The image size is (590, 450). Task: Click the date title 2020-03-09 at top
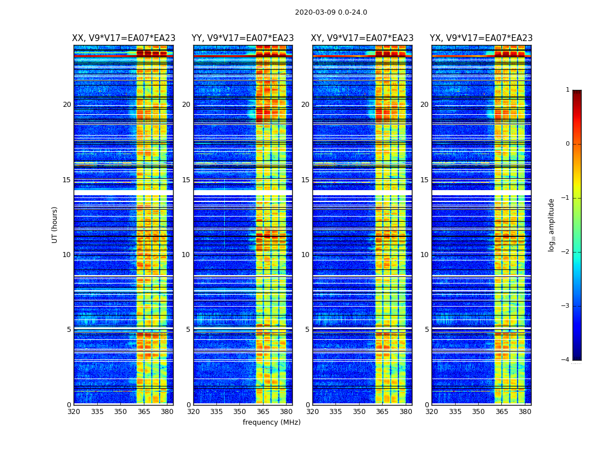tap(330, 12)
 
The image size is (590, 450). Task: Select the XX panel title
tap(124, 38)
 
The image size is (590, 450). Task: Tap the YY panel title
tap(243, 38)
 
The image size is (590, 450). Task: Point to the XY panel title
tap(362, 38)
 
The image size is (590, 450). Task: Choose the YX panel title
tap(481, 38)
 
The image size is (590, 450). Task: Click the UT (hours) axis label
tap(55, 224)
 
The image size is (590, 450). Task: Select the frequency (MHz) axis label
tap(271, 422)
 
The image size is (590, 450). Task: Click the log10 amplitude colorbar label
tap(552, 224)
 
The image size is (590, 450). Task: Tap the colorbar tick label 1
tap(568, 90)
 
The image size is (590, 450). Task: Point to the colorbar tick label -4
tap(566, 360)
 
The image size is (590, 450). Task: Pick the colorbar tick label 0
tap(568, 144)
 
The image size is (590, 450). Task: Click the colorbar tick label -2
tap(566, 252)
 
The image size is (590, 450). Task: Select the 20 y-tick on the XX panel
tap(67, 105)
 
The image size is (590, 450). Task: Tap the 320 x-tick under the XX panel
tap(74, 412)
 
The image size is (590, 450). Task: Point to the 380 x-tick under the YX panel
tap(525, 412)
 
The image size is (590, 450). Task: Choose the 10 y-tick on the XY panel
tap(305, 255)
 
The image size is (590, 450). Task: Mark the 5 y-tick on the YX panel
tap(426, 330)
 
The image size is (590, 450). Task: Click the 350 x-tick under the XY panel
tap(359, 412)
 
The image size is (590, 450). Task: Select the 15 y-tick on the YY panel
tap(186, 180)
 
